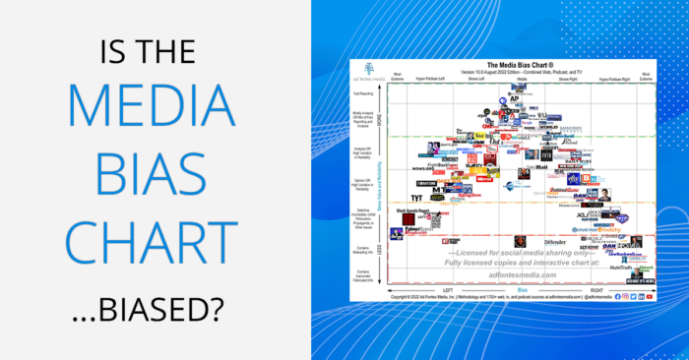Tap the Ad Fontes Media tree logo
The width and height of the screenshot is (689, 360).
click(x=370, y=67)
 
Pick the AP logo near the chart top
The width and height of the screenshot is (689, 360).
click(x=514, y=100)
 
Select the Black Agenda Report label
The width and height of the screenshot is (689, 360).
click(x=413, y=210)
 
